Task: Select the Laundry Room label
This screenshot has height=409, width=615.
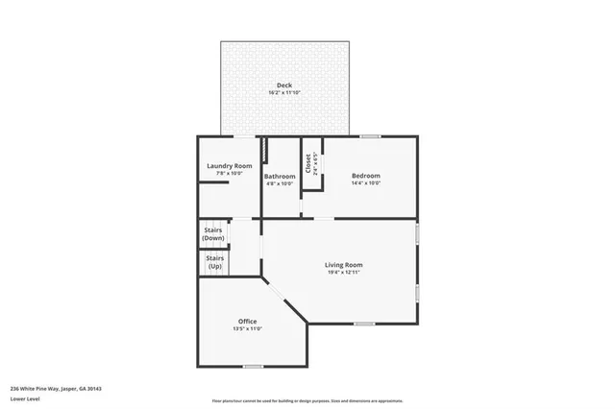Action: [x=229, y=166]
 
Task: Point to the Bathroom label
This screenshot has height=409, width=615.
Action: [x=280, y=176]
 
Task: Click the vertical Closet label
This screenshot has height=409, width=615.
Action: [x=308, y=165]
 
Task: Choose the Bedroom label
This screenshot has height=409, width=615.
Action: [x=365, y=176]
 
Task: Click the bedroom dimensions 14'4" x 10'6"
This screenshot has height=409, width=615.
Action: [x=365, y=183]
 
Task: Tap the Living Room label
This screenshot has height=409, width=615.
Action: [x=343, y=264]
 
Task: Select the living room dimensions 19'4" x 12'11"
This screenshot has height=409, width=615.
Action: [x=343, y=273]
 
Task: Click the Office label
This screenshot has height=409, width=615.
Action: [x=247, y=321]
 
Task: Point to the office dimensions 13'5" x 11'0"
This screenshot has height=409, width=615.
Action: [x=247, y=328]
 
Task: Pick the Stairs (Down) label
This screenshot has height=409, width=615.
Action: [x=213, y=233]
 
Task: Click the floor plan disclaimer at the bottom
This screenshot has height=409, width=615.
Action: [x=307, y=400]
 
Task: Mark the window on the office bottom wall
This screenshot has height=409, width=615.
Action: [x=253, y=366]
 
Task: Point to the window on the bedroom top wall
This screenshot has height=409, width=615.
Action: [x=369, y=136]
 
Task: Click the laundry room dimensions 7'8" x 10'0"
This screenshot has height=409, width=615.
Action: [x=229, y=174]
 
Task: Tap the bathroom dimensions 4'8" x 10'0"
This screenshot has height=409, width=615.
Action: [x=280, y=183]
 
